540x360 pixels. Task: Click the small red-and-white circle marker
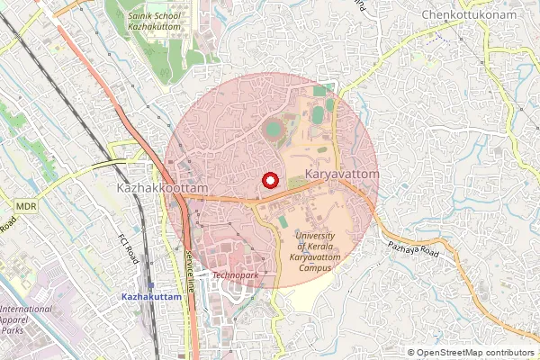point(268,180)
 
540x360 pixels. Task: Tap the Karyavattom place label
point(342,172)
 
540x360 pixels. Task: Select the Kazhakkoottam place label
point(163,187)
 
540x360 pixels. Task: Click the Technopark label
point(235,274)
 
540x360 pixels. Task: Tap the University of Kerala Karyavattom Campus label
point(315,251)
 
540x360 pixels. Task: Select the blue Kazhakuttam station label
point(152,296)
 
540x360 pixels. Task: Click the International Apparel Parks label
point(24,319)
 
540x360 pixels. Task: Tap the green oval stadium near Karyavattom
point(273,130)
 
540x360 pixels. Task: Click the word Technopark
point(235,274)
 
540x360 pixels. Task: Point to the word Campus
point(315,267)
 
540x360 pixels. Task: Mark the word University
point(315,235)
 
